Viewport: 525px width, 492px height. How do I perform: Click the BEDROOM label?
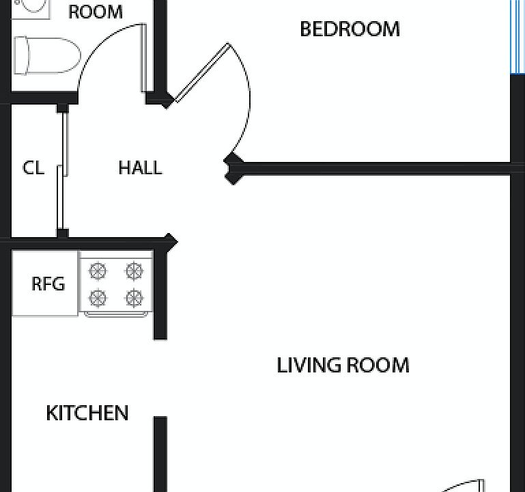pos(350,29)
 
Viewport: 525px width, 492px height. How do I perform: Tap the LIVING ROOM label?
pos(343,365)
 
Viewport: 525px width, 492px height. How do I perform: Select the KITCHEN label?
pos(87,413)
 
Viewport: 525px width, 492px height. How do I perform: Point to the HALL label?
pos(140,167)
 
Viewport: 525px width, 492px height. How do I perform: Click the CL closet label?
pos(33,167)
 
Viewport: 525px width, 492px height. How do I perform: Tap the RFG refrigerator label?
pos(48,284)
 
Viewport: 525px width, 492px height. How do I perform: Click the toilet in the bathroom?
pos(47,55)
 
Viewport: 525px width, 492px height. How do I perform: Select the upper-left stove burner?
pos(98,271)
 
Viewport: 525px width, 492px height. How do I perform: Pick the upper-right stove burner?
pos(134,271)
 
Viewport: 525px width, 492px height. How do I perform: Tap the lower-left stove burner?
pos(98,298)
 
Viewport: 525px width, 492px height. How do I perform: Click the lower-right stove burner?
pos(134,298)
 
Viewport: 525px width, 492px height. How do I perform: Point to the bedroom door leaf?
pos(203,72)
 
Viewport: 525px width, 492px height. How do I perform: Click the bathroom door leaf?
pos(143,57)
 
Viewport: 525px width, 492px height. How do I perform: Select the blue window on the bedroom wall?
pos(517,37)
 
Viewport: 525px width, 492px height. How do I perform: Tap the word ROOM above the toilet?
pos(96,12)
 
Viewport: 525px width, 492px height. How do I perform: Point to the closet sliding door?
pos(63,171)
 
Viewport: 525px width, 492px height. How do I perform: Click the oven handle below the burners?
pos(116,314)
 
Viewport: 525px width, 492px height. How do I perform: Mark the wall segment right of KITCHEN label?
pos(160,454)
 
